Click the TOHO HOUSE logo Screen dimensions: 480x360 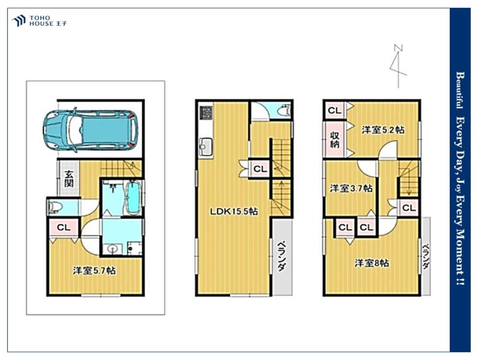pyautogui.click(x=39, y=21)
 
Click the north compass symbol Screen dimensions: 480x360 pyautogui.click(x=398, y=66)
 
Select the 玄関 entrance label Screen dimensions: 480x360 pyautogui.click(x=69, y=179)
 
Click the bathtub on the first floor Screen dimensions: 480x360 pyautogui.click(x=133, y=198)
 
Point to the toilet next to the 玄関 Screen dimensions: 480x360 pyautogui.click(x=55, y=207)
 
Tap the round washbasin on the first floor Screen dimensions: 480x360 pyautogui.click(x=111, y=249)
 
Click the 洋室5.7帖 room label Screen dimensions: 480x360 pyautogui.click(x=94, y=271)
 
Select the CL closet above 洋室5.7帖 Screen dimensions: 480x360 pyautogui.click(x=64, y=228)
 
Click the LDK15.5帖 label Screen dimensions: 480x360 pyautogui.click(x=234, y=211)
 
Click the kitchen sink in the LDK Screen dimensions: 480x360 pyautogui.click(x=206, y=146)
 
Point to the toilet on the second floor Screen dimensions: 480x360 pyautogui.click(x=284, y=109)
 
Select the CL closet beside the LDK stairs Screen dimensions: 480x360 pyautogui.click(x=260, y=168)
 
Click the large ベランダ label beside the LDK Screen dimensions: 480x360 pyautogui.click(x=282, y=257)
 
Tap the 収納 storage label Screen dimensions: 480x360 pyautogui.click(x=335, y=139)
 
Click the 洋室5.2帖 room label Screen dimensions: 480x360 pyautogui.click(x=383, y=130)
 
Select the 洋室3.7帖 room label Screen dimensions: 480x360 pyautogui.click(x=351, y=188)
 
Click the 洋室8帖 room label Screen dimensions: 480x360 pyautogui.click(x=372, y=263)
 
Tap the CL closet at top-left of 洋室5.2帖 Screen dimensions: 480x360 pyautogui.click(x=335, y=110)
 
